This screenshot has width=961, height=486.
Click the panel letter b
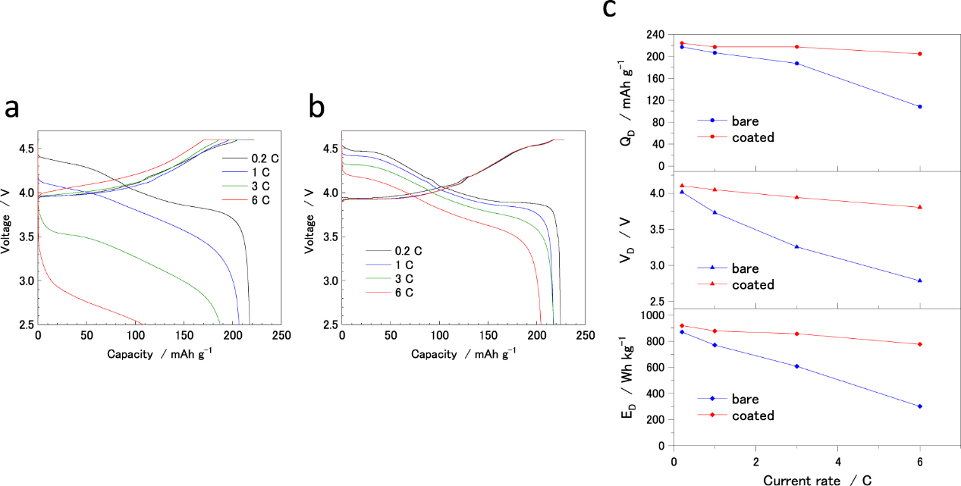[317, 108]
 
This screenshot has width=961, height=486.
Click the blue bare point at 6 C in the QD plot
[919, 107]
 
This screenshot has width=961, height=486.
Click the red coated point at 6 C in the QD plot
[919, 54]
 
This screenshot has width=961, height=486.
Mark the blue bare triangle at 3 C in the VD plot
[796, 246]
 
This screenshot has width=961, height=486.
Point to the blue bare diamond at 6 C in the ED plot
[919, 406]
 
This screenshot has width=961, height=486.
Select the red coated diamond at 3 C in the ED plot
[796, 334]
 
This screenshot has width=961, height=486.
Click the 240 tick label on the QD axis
[655, 35]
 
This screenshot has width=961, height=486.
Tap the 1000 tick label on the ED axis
[652, 315]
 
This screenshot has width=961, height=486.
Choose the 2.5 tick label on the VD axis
[657, 302]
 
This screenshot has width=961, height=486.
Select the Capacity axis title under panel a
[159, 353]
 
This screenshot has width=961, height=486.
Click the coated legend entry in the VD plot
[753, 285]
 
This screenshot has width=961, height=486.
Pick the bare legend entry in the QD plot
[745, 121]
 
